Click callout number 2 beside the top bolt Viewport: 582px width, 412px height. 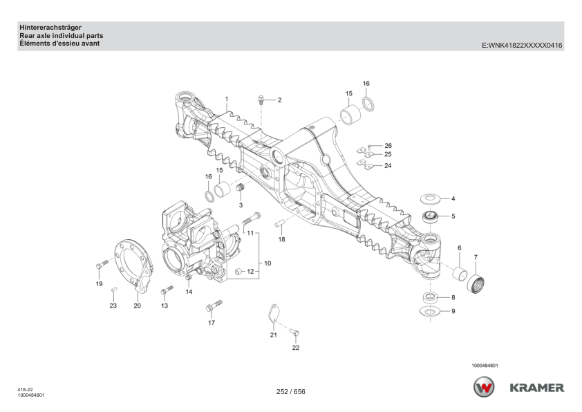coord(280,100)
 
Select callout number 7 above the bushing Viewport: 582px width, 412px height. coord(475,258)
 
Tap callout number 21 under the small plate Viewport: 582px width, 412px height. coord(273,335)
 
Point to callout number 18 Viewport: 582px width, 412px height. coord(281,239)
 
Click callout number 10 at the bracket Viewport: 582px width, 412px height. coord(267,263)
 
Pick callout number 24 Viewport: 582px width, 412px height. coord(388,166)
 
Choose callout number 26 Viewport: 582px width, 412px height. coord(388,146)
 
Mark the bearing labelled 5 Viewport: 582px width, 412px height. coord(430,217)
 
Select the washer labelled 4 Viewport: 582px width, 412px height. coord(431,199)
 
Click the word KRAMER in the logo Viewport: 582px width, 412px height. coord(537,387)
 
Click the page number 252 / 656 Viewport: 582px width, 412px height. coord(290,392)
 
